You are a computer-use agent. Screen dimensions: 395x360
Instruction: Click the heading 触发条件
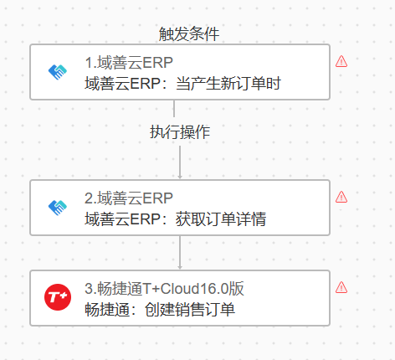click(189, 34)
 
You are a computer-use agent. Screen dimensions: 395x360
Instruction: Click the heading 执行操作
click(180, 131)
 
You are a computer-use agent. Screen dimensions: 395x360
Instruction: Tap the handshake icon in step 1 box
click(58, 72)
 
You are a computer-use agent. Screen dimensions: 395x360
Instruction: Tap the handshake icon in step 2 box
click(58, 208)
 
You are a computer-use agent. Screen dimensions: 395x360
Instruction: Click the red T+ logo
click(58, 297)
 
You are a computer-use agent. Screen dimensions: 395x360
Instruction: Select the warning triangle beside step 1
click(341, 61)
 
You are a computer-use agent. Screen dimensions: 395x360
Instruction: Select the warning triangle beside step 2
click(341, 197)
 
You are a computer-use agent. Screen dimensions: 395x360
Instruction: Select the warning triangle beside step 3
click(341, 287)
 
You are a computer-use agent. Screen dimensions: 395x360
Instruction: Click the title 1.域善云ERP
click(129, 63)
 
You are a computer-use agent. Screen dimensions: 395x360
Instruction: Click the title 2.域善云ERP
click(129, 198)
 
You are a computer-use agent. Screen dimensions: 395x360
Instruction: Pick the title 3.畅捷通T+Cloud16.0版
click(164, 289)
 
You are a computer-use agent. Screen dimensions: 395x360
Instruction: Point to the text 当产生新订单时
click(228, 83)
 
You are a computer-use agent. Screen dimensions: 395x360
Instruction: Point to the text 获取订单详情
click(221, 219)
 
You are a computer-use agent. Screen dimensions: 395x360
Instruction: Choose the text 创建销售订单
click(190, 310)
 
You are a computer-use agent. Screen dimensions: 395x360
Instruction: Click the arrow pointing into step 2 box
click(180, 162)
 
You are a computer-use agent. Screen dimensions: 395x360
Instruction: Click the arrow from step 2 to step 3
click(180, 253)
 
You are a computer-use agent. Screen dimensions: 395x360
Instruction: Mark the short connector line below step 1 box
click(174, 109)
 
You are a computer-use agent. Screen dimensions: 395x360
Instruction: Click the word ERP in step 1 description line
click(145, 83)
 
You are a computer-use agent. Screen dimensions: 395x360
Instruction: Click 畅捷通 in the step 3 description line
click(107, 310)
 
